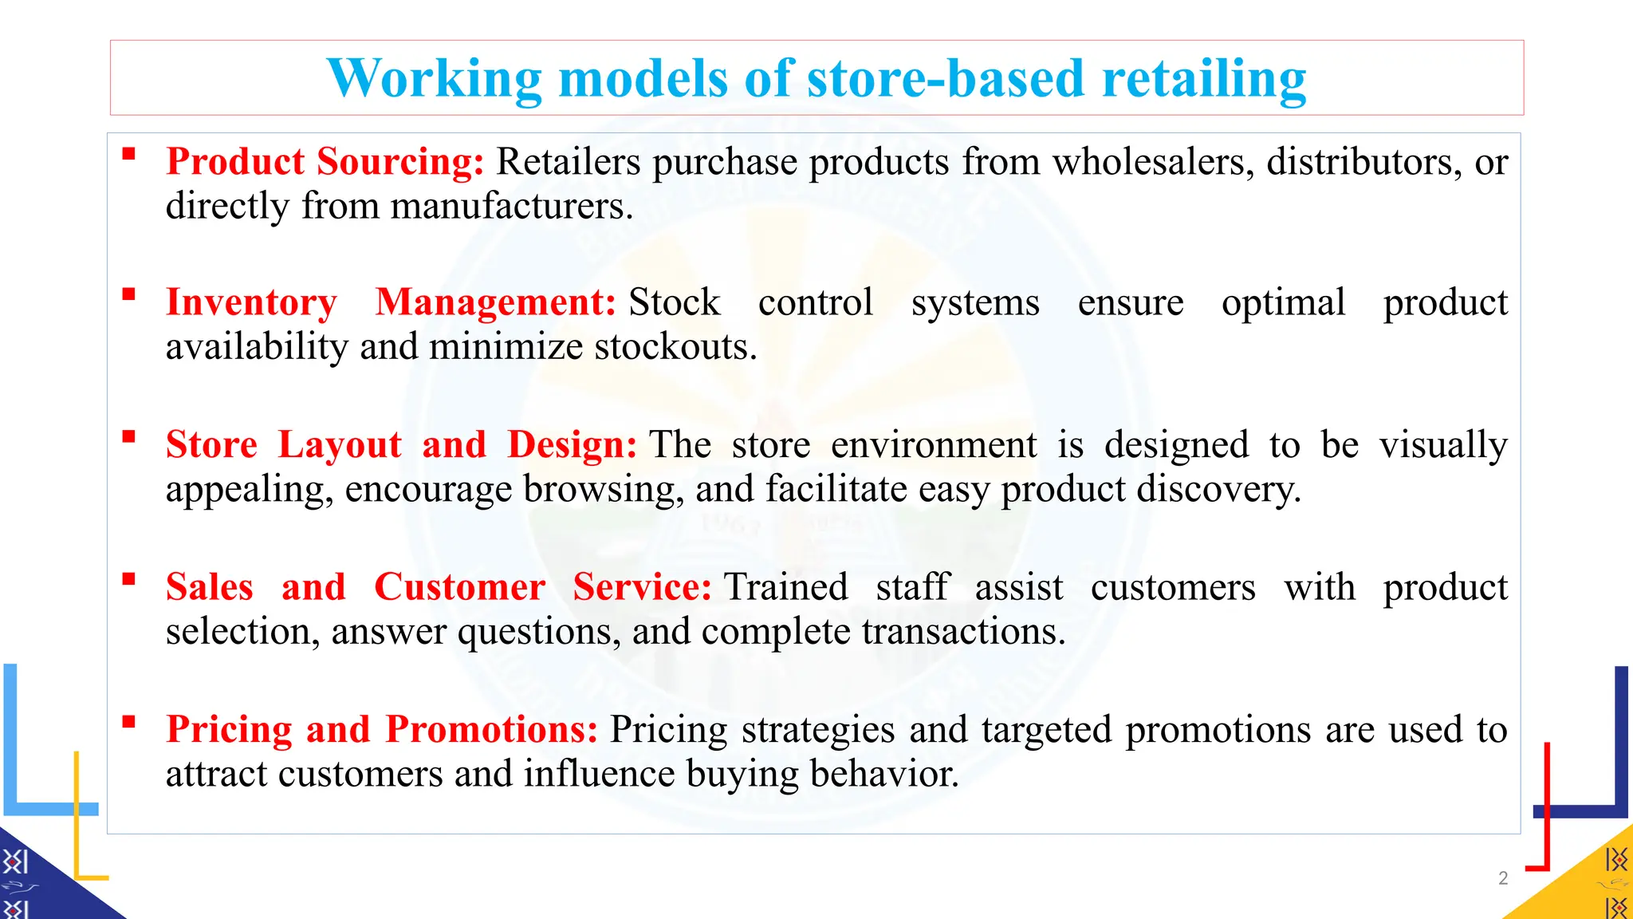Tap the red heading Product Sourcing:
[325, 162]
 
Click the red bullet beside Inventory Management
[128, 294]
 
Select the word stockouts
[675, 347]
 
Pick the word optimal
[1283, 303]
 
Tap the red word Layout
[340, 445]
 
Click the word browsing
[604, 489]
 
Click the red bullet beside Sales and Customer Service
[128, 579]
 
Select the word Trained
[785, 588]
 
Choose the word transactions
[963, 632]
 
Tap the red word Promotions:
[491, 730]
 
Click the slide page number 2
[1503, 878]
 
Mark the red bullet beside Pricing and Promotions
[128, 722]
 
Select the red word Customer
[459, 588]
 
